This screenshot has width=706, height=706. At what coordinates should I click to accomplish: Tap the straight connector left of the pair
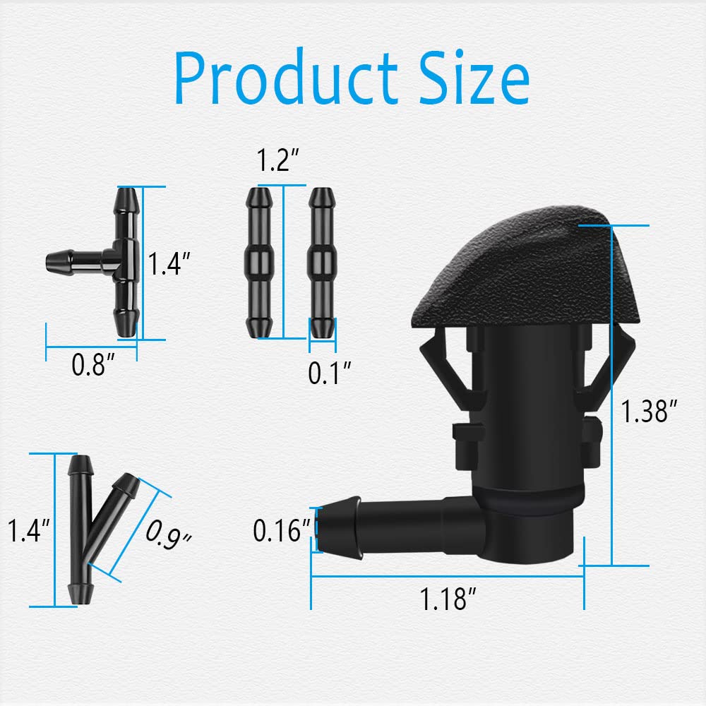point(259,261)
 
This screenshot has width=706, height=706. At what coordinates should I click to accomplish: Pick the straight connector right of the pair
point(323,261)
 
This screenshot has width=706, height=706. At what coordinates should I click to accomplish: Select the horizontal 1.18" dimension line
point(447,576)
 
